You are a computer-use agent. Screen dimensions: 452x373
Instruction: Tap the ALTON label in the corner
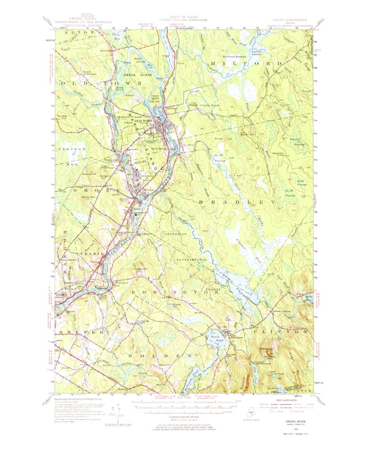(75, 33)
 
